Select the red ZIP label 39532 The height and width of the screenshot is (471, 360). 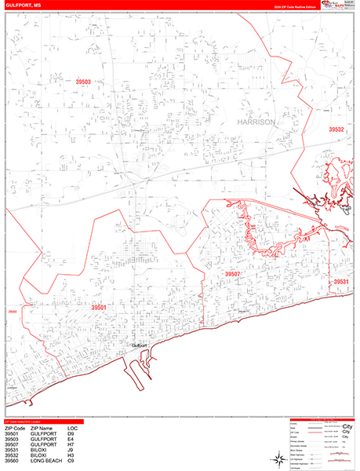pos(336,130)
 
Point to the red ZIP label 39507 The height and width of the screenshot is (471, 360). pos(232,273)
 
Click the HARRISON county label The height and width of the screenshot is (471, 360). pos(255,123)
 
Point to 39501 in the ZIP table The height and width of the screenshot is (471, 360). pos(13,433)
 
